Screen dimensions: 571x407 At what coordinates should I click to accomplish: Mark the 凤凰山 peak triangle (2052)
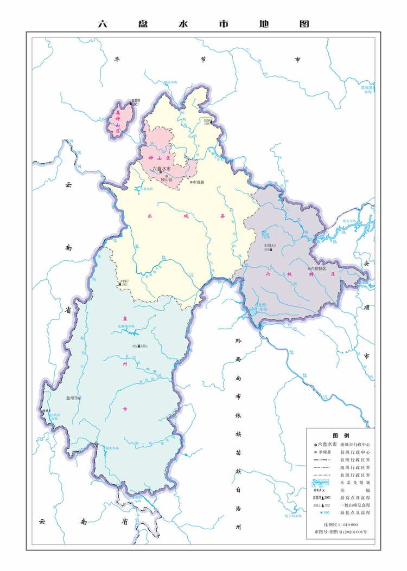click(x=139, y=345)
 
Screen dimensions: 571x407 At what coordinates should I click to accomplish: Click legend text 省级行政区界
click(x=355, y=459)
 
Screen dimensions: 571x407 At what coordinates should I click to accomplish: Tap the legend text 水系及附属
click(x=355, y=482)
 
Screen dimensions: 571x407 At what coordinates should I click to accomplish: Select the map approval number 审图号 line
click(x=341, y=532)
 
